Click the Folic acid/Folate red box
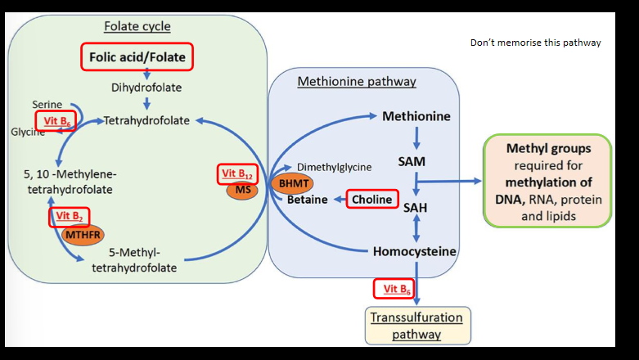tap(137, 57)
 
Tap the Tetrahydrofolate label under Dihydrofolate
tap(146, 120)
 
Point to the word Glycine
tap(28, 132)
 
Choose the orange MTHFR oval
tap(83, 233)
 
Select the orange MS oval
tap(241, 190)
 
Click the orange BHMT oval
tap(291, 183)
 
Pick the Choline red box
tap(371, 199)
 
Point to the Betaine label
tap(307, 199)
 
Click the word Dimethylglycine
tap(334, 167)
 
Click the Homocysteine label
tap(414, 251)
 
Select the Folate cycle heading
tap(137, 26)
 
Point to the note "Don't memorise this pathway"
tap(535, 43)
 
